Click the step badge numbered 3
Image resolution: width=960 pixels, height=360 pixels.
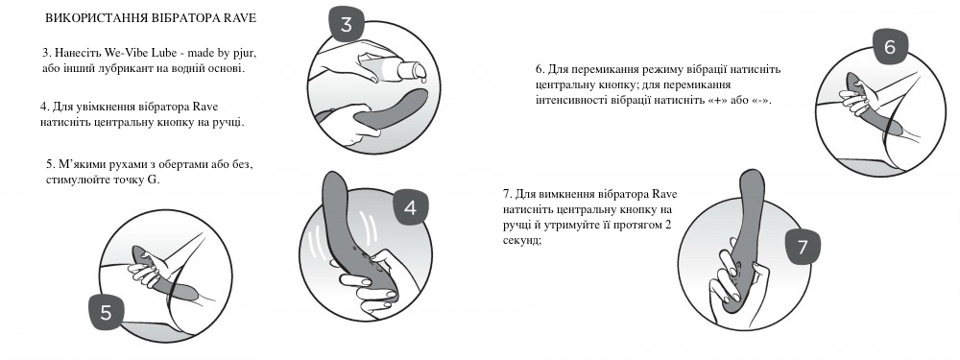tap(347, 25)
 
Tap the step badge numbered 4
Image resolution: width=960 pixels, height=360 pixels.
tap(410, 208)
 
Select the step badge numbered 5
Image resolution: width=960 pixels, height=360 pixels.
tap(106, 312)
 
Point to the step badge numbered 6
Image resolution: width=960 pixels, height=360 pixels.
tap(890, 48)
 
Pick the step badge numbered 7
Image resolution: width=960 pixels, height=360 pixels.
tap(803, 247)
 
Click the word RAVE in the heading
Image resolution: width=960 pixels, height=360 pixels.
tap(242, 18)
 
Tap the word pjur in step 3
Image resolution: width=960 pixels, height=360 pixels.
tap(244, 53)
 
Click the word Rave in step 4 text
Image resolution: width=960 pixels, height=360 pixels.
tap(205, 107)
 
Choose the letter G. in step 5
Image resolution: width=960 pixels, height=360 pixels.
tap(154, 180)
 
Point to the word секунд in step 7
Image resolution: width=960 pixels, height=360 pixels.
tap(520, 241)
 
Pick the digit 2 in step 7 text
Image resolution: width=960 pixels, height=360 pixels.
tap(668, 225)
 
